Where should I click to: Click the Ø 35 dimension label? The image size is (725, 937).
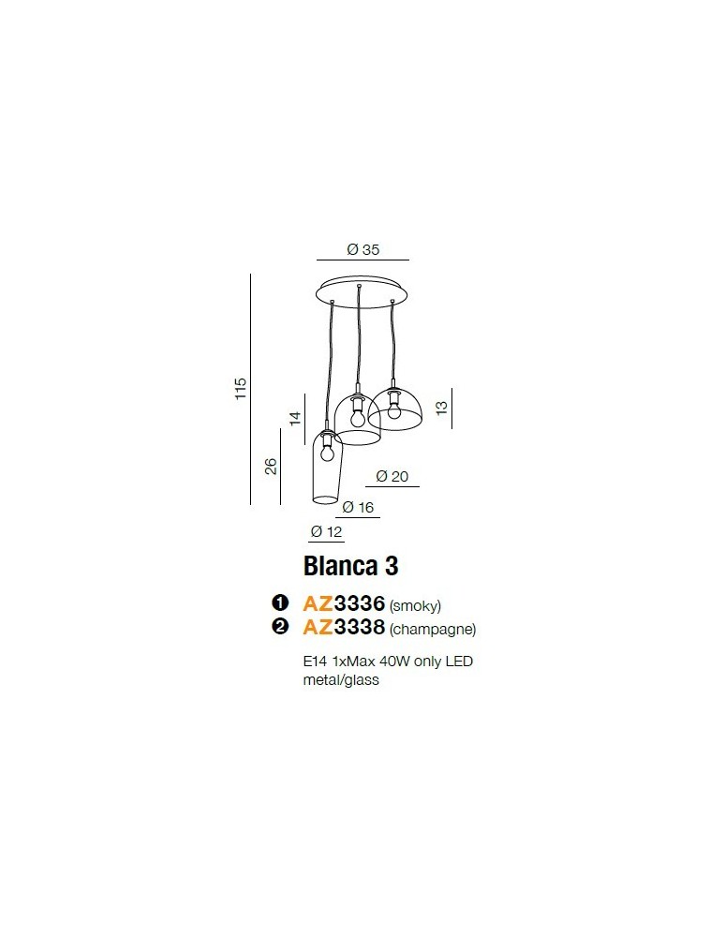pyautogui.click(x=362, y=249)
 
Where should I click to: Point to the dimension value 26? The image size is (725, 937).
pyautogui.click(x=271, y=466)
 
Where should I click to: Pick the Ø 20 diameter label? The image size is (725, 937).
pyautogui.click(x=392, y=476)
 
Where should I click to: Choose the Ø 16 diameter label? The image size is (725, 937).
pyautogui.click(x=358, y=507)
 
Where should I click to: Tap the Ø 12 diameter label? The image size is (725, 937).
pyautogui.click(x=326, y=532)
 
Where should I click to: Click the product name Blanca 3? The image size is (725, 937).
pyautogui.click(x=350, y=566)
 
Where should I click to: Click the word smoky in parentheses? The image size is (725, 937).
pyautogui.click(x=415, y=605)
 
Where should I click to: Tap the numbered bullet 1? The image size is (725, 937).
pyautogui.click(x=278, y=603)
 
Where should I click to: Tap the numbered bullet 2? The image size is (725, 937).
pyautogui.click(x=278, y=628)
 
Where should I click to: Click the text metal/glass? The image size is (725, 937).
pyautogui.click(x=341, y=680)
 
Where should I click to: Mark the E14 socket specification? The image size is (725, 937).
pyautogui.click(x=313, y=662)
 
